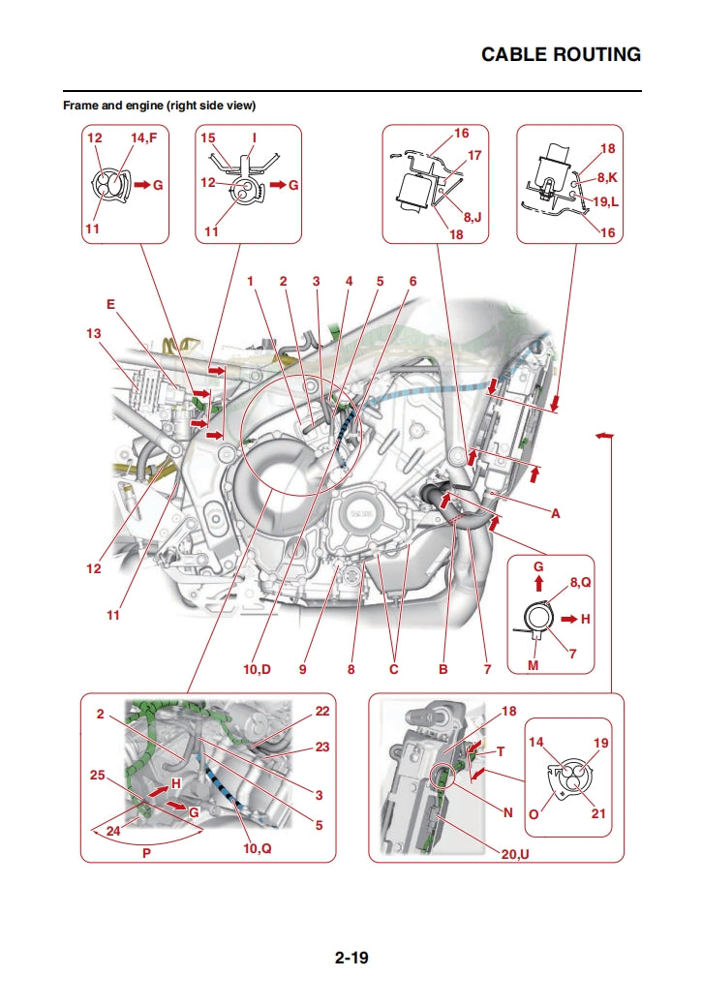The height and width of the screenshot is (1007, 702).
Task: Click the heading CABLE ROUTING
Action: (x=561, y=54)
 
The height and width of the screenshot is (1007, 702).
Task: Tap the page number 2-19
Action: (x=351, y=959)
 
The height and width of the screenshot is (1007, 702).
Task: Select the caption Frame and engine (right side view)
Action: (x=159, y=105)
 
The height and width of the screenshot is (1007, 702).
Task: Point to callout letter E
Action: (x=110, y=303)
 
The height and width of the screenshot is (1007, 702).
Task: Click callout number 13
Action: (x=93, y=333)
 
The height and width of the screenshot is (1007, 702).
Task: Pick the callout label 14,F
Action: (x=143, y=138)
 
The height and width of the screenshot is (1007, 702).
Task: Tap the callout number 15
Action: (x=208, y=138)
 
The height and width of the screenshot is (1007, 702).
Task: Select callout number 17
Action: (x=474, y=155)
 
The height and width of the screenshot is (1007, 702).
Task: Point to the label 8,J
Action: (x=472, y=219)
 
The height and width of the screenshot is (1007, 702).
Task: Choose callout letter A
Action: (x=556, y=514)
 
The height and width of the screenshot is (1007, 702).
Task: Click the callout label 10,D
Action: (x=258, y=669)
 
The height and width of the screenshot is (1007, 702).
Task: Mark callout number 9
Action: (x=302, y=669)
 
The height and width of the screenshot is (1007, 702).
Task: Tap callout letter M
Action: (x=533, y=664)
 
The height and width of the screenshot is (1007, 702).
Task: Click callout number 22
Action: (x=322, y=712)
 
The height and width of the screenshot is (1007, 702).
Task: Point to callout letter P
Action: (x=147, y=854)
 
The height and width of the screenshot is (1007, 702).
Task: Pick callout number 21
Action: (x=598, y=813)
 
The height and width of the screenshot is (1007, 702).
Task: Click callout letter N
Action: (x=507, y=813)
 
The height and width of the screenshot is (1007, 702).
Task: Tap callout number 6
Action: (x=412, y=282)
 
